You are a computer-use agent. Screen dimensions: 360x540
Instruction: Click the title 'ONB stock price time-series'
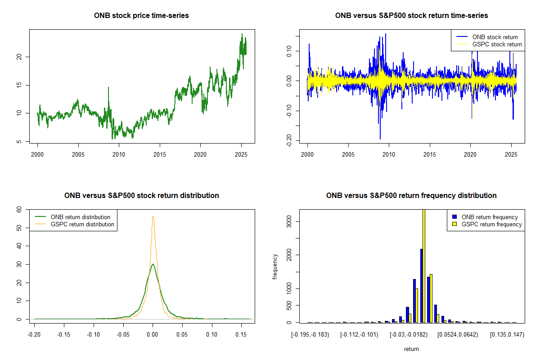pos(141,16)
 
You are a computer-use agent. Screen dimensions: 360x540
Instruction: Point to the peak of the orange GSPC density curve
pos(153,216)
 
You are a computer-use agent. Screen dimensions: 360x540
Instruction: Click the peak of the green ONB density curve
pos(153,264)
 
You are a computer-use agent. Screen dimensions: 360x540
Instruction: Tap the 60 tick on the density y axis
pos(19,210)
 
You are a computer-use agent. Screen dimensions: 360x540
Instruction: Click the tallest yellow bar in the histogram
pos(424,265)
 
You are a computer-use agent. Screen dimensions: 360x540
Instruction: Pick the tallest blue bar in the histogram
pos(421,286)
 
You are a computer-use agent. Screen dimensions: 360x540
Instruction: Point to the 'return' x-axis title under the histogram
pos(411,349)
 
